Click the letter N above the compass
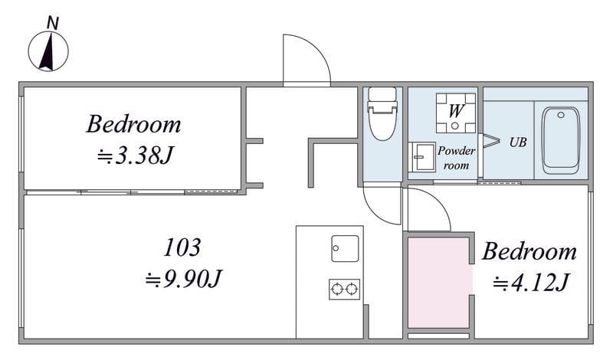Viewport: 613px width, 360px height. click(52, 23)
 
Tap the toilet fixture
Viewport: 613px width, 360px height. click(382, 114)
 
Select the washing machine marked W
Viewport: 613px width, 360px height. click(456, 113)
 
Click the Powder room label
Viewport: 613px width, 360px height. click(456, 158)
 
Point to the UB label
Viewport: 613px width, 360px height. click(518, 142)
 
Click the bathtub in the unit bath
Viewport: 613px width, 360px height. click(561, 140)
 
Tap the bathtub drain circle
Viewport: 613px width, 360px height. click(561, 115)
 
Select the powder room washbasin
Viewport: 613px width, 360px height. click(422, 157)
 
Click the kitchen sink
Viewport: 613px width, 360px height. click(345, 249)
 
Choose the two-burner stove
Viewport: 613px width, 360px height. click(344, 290)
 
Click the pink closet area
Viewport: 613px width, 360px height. click(438, 283)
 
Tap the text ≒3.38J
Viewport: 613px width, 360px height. click(136, 155)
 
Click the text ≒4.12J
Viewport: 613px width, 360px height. click(530, 282)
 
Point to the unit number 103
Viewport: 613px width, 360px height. click(182, 247)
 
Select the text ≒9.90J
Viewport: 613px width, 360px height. click(183, 279)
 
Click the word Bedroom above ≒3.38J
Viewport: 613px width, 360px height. click(133, 124)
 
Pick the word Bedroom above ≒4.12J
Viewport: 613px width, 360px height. click(529, 251)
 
